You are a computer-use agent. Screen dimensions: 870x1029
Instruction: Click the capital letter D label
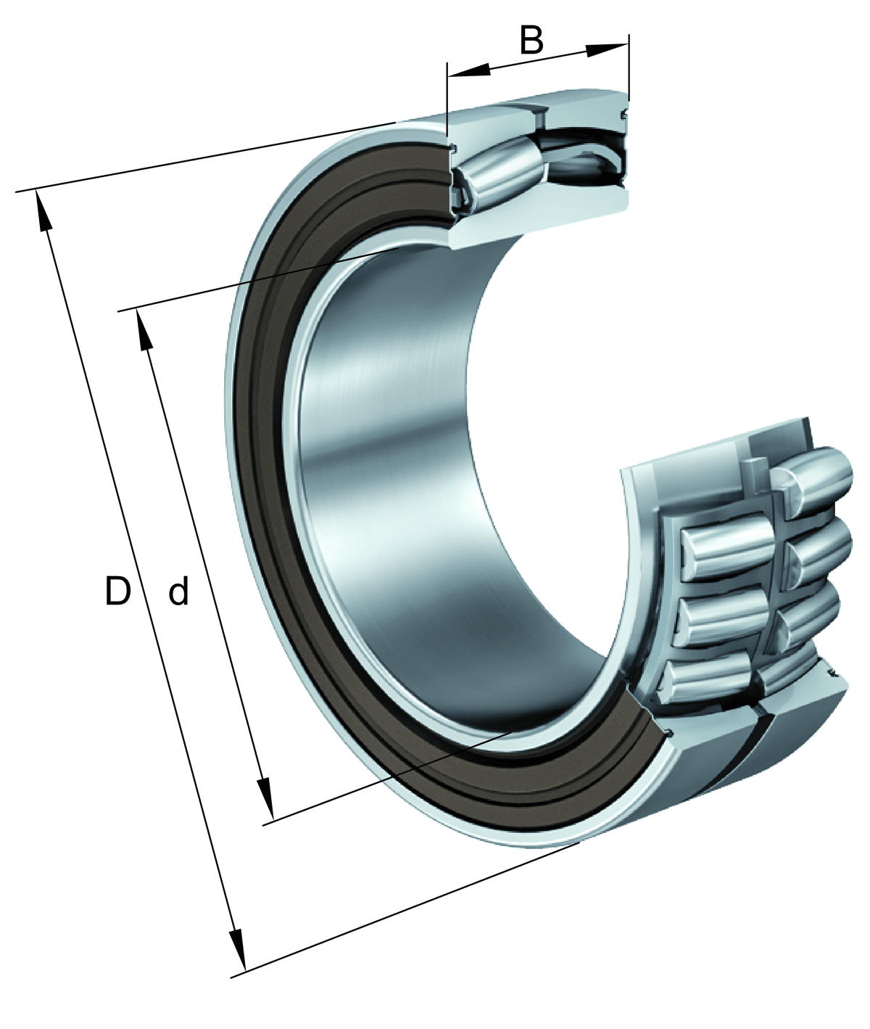tap(118, 591)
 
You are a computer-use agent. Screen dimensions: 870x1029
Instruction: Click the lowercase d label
tap(178, 590)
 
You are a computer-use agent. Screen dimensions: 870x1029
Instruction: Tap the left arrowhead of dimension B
tap(468, 70)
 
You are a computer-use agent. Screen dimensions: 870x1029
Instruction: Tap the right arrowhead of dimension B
tap(608, 50)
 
